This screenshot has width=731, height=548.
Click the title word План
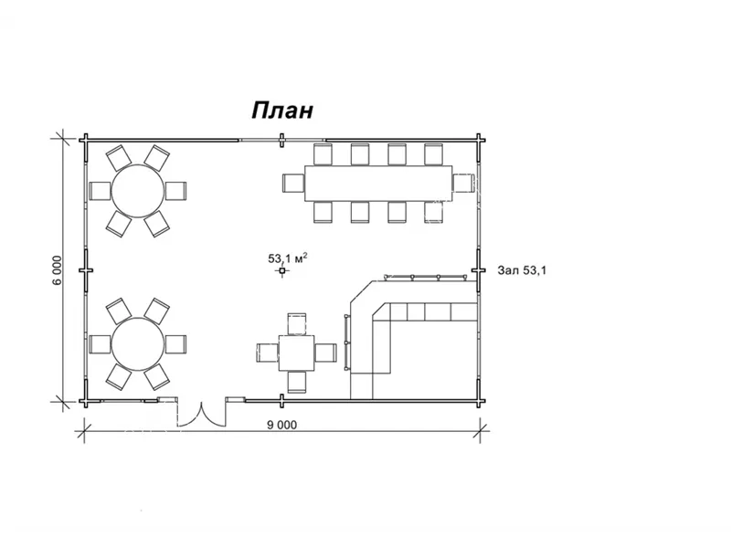282,111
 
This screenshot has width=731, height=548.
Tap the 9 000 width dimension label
281,425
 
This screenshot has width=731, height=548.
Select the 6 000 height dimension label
57,270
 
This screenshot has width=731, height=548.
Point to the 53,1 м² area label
287,258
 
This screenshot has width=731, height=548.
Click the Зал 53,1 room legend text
522,270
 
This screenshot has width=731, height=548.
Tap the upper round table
138,191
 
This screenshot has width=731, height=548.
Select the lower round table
138,344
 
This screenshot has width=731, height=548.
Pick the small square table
296,353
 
